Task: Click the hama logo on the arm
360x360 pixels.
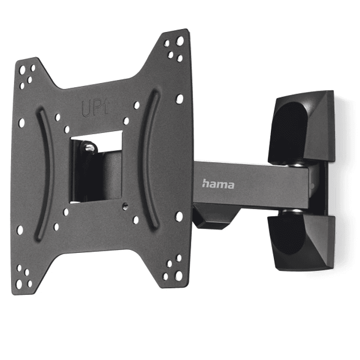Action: pos(218,184)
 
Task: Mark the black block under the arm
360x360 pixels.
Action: pos(210,218)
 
